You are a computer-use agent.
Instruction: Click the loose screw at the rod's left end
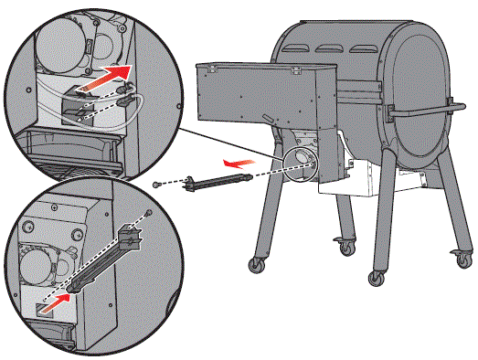pyautogui.click(x=158, y=185)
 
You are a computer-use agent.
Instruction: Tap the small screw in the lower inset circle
pyautogui.click(x=148, y=213)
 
